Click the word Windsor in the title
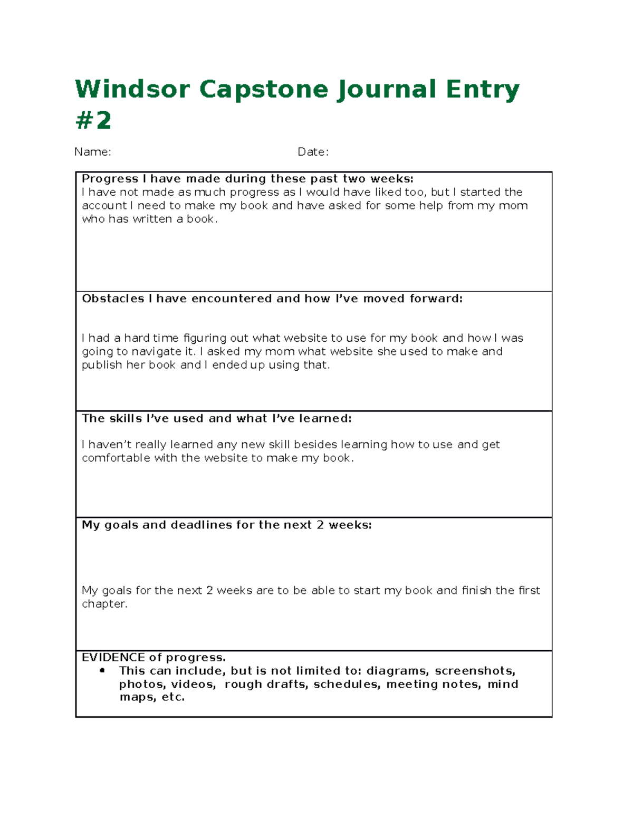point(132,89)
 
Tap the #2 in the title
point(93,121)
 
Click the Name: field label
point(92,152)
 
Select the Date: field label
point(313,152)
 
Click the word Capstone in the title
point(265,89)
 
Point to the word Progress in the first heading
point(110,179)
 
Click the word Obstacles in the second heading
point(113,298)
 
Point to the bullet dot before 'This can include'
point(102,670)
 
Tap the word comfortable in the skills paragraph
point(116,458)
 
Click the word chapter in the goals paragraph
point(104,604)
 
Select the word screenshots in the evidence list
point(475,671)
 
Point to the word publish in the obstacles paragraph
point(102,365)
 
